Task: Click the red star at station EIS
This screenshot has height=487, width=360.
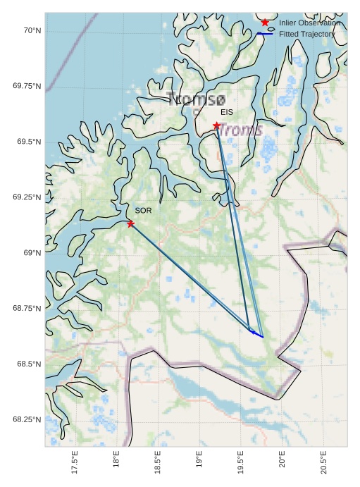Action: [x=216, y=125]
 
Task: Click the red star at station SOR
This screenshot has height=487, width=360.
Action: [x=130, y=223]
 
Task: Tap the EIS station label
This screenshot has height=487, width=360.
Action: [x=226, y=112]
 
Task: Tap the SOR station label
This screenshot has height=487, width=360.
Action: [x=143, y=210]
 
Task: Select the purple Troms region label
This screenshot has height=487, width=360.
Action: [x=240, y=130]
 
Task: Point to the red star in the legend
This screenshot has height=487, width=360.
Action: [x=265, y=23]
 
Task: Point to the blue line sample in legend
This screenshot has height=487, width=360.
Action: [x=265, y=34]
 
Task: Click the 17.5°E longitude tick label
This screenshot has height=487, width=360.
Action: [x=75, y=464]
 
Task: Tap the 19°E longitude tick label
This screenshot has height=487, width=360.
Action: [x=199, y=464]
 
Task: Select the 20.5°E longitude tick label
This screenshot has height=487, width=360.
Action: [x=323, y=464]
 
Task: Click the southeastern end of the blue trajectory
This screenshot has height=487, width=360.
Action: [x=263, y=337]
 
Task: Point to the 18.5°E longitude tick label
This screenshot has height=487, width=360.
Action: [x=158, y=464]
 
